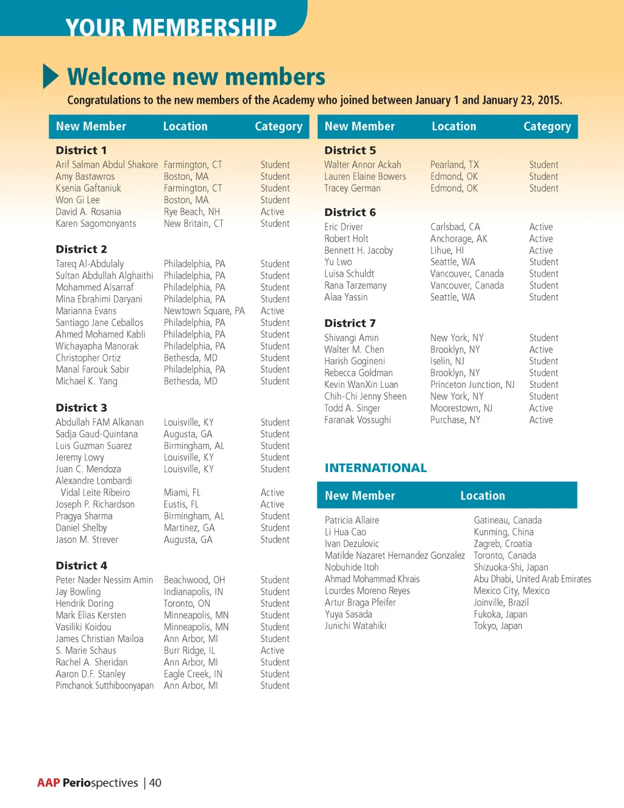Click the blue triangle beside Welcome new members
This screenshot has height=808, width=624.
coord(51,76)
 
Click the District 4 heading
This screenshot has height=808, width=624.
coord(81,565)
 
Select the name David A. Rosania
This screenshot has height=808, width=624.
coord(88,212)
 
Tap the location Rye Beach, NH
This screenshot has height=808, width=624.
coord(191,212)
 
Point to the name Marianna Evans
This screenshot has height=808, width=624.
coord(86,311)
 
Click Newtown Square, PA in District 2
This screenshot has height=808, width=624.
coord(204,311)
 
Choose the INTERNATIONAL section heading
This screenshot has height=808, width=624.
coord(375,468)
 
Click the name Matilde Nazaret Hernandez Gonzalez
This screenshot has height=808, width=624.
coord(394,556)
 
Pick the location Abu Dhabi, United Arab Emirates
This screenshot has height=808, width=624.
coord(532,579)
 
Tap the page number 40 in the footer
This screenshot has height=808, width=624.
coord(155,782)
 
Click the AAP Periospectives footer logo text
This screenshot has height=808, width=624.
coord(88,782)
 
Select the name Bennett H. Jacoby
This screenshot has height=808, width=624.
coord(358,251)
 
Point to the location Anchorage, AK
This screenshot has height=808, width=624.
coord(458,238)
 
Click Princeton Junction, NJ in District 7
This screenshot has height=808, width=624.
coord(472,385)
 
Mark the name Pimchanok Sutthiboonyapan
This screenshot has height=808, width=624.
coord(104,685)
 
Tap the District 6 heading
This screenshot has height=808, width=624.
coord(350,212)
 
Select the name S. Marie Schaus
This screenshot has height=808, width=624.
coord(86,651)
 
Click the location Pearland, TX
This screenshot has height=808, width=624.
coord(455,165)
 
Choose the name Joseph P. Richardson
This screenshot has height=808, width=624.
coord(95,504)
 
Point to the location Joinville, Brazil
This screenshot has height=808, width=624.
coord(501,602)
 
